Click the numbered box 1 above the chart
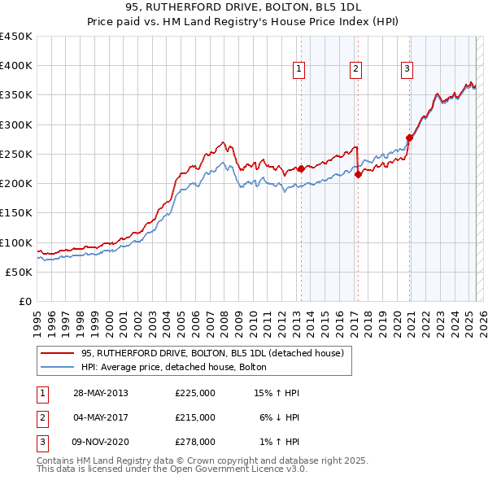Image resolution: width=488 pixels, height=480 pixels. [x=299, y=70]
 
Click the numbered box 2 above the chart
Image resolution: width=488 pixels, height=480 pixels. [x=356, y=70]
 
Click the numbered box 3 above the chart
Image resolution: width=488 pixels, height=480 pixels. [x=407, y=70]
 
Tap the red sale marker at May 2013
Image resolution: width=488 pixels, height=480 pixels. [x=301, y=169]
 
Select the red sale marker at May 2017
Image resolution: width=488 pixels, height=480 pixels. [x=358, y=175]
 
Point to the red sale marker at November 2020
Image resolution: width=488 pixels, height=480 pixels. [x=409, y=137]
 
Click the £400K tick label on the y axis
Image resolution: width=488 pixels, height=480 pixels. [x=16, y=66]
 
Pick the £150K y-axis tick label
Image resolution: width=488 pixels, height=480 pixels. [x=16, y=213]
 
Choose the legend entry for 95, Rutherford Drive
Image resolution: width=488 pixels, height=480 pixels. [x=213, y=354]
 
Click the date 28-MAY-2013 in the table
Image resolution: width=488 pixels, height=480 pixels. [x=100, y=393]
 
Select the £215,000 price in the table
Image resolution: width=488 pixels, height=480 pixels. [x=195, y=417]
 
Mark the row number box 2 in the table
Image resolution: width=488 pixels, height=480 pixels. [x=41, y=417]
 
